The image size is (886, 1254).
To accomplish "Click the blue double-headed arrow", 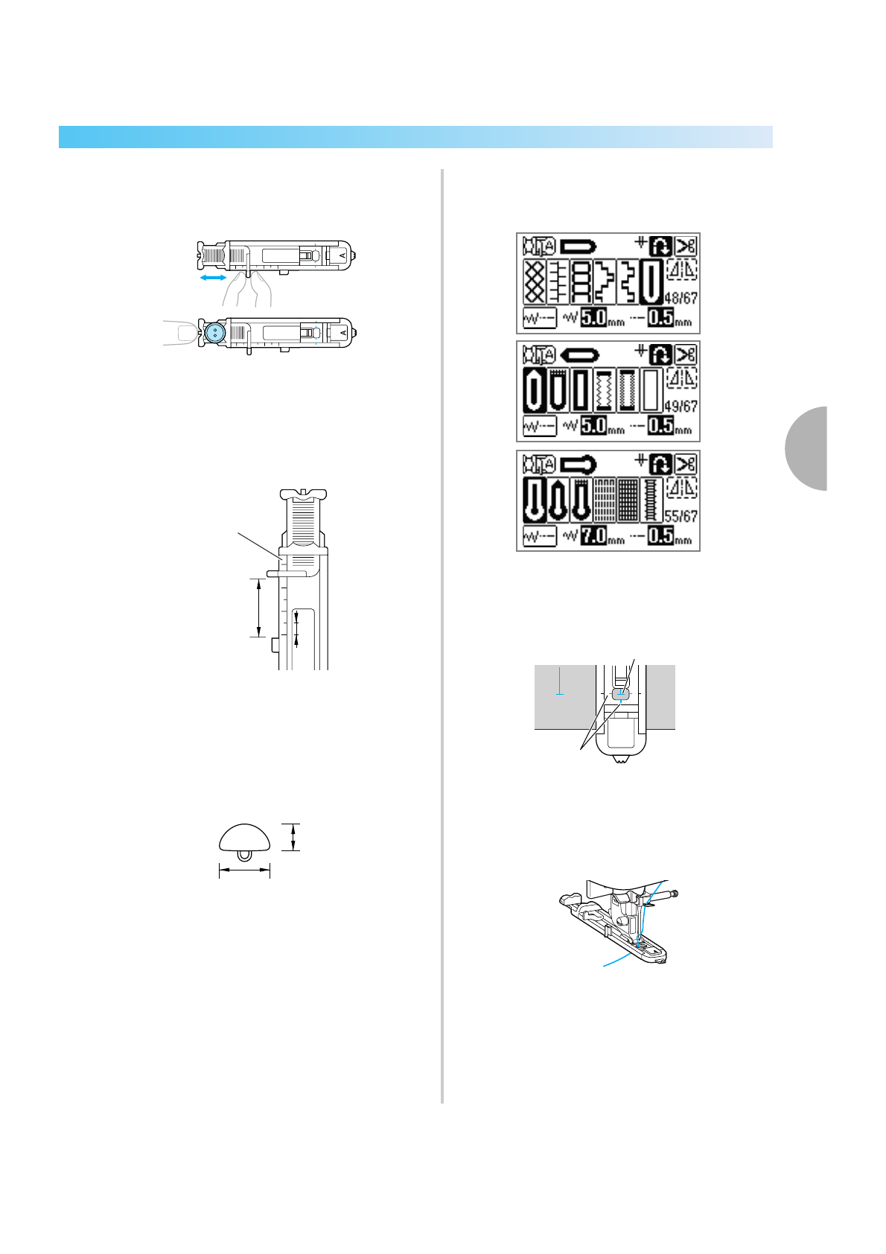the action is click(x=214, y=277).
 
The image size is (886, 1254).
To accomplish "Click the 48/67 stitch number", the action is click(x=681, y=298).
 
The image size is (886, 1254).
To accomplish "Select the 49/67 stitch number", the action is click(x=681, y=407).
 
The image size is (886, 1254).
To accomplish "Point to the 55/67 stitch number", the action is click(x=681, y=516).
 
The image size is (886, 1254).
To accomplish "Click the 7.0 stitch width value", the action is click(x=593, y=535).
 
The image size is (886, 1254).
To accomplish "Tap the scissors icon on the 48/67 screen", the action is click(x=686, y=245).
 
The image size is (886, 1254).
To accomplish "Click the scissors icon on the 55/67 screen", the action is click(x=686, y=464).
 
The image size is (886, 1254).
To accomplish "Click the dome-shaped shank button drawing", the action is click(x=244, y=838).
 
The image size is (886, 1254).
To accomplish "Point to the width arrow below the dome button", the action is click(x=244, y=869).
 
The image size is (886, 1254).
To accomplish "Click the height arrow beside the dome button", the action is click(x=294, y=836).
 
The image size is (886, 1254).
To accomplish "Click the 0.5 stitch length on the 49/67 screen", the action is click(x=660, y=426).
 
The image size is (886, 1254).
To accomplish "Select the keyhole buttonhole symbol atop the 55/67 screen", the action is click(x=577, y=464).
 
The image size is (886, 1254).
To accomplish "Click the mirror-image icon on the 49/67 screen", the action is click(x=682, y=378).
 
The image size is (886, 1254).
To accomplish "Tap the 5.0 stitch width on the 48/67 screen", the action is click(x=593, y=318).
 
